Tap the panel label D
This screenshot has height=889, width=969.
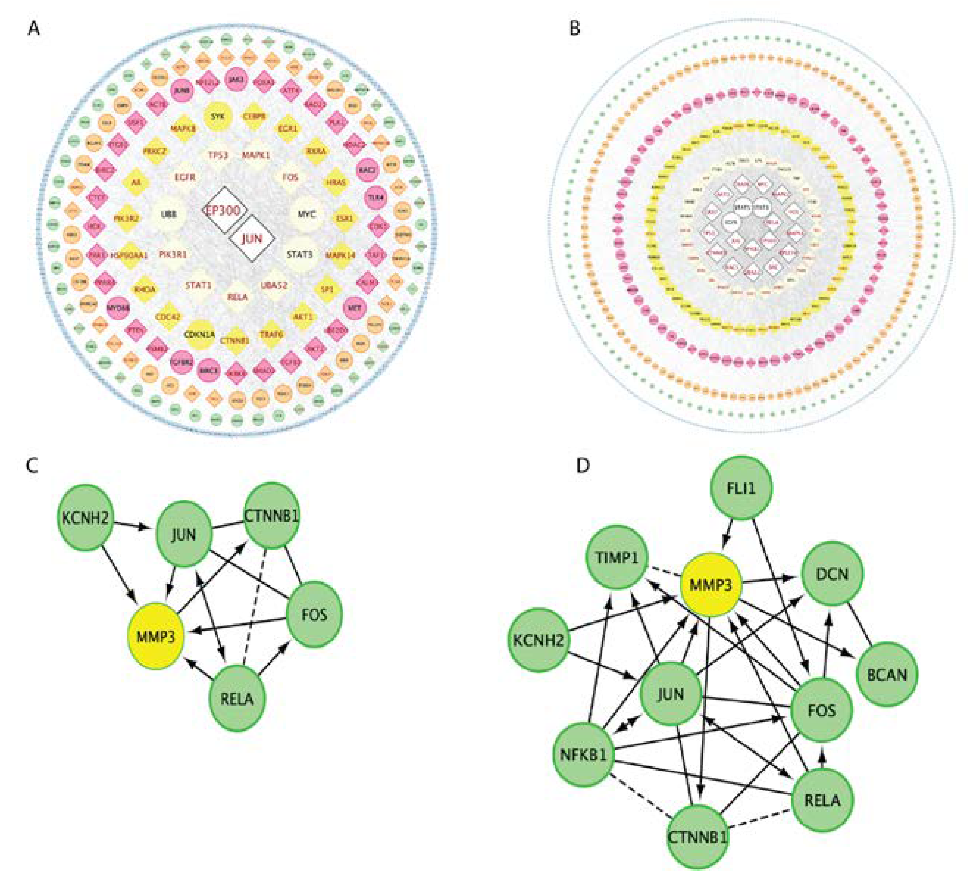(x=583, y=466)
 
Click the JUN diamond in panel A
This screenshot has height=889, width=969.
(x=252, y=238)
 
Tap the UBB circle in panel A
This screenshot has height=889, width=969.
(x=169, y=215)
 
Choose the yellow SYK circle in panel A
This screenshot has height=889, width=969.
(x=218, y=116)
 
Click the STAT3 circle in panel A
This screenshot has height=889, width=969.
(x=299, y=255)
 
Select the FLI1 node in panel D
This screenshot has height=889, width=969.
(x=741, y=488)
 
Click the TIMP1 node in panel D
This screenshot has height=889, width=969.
(x=618, y=557)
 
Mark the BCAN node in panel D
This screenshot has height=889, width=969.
(x=887, y=675)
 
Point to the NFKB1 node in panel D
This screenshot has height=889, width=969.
(x=584, y=754)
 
